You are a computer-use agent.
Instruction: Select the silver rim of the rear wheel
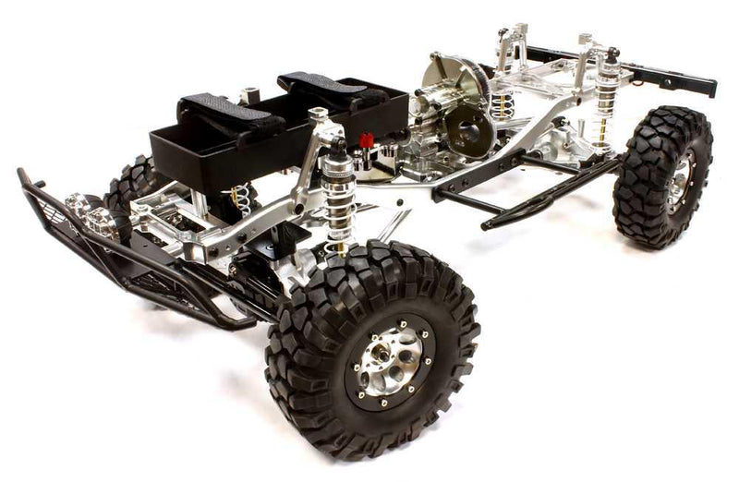(681, 182)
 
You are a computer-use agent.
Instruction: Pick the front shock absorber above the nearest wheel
(339, 194)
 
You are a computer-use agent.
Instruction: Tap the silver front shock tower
(314, 148)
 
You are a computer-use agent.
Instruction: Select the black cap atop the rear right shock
(612, 57)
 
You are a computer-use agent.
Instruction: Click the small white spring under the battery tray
(242, 196)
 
